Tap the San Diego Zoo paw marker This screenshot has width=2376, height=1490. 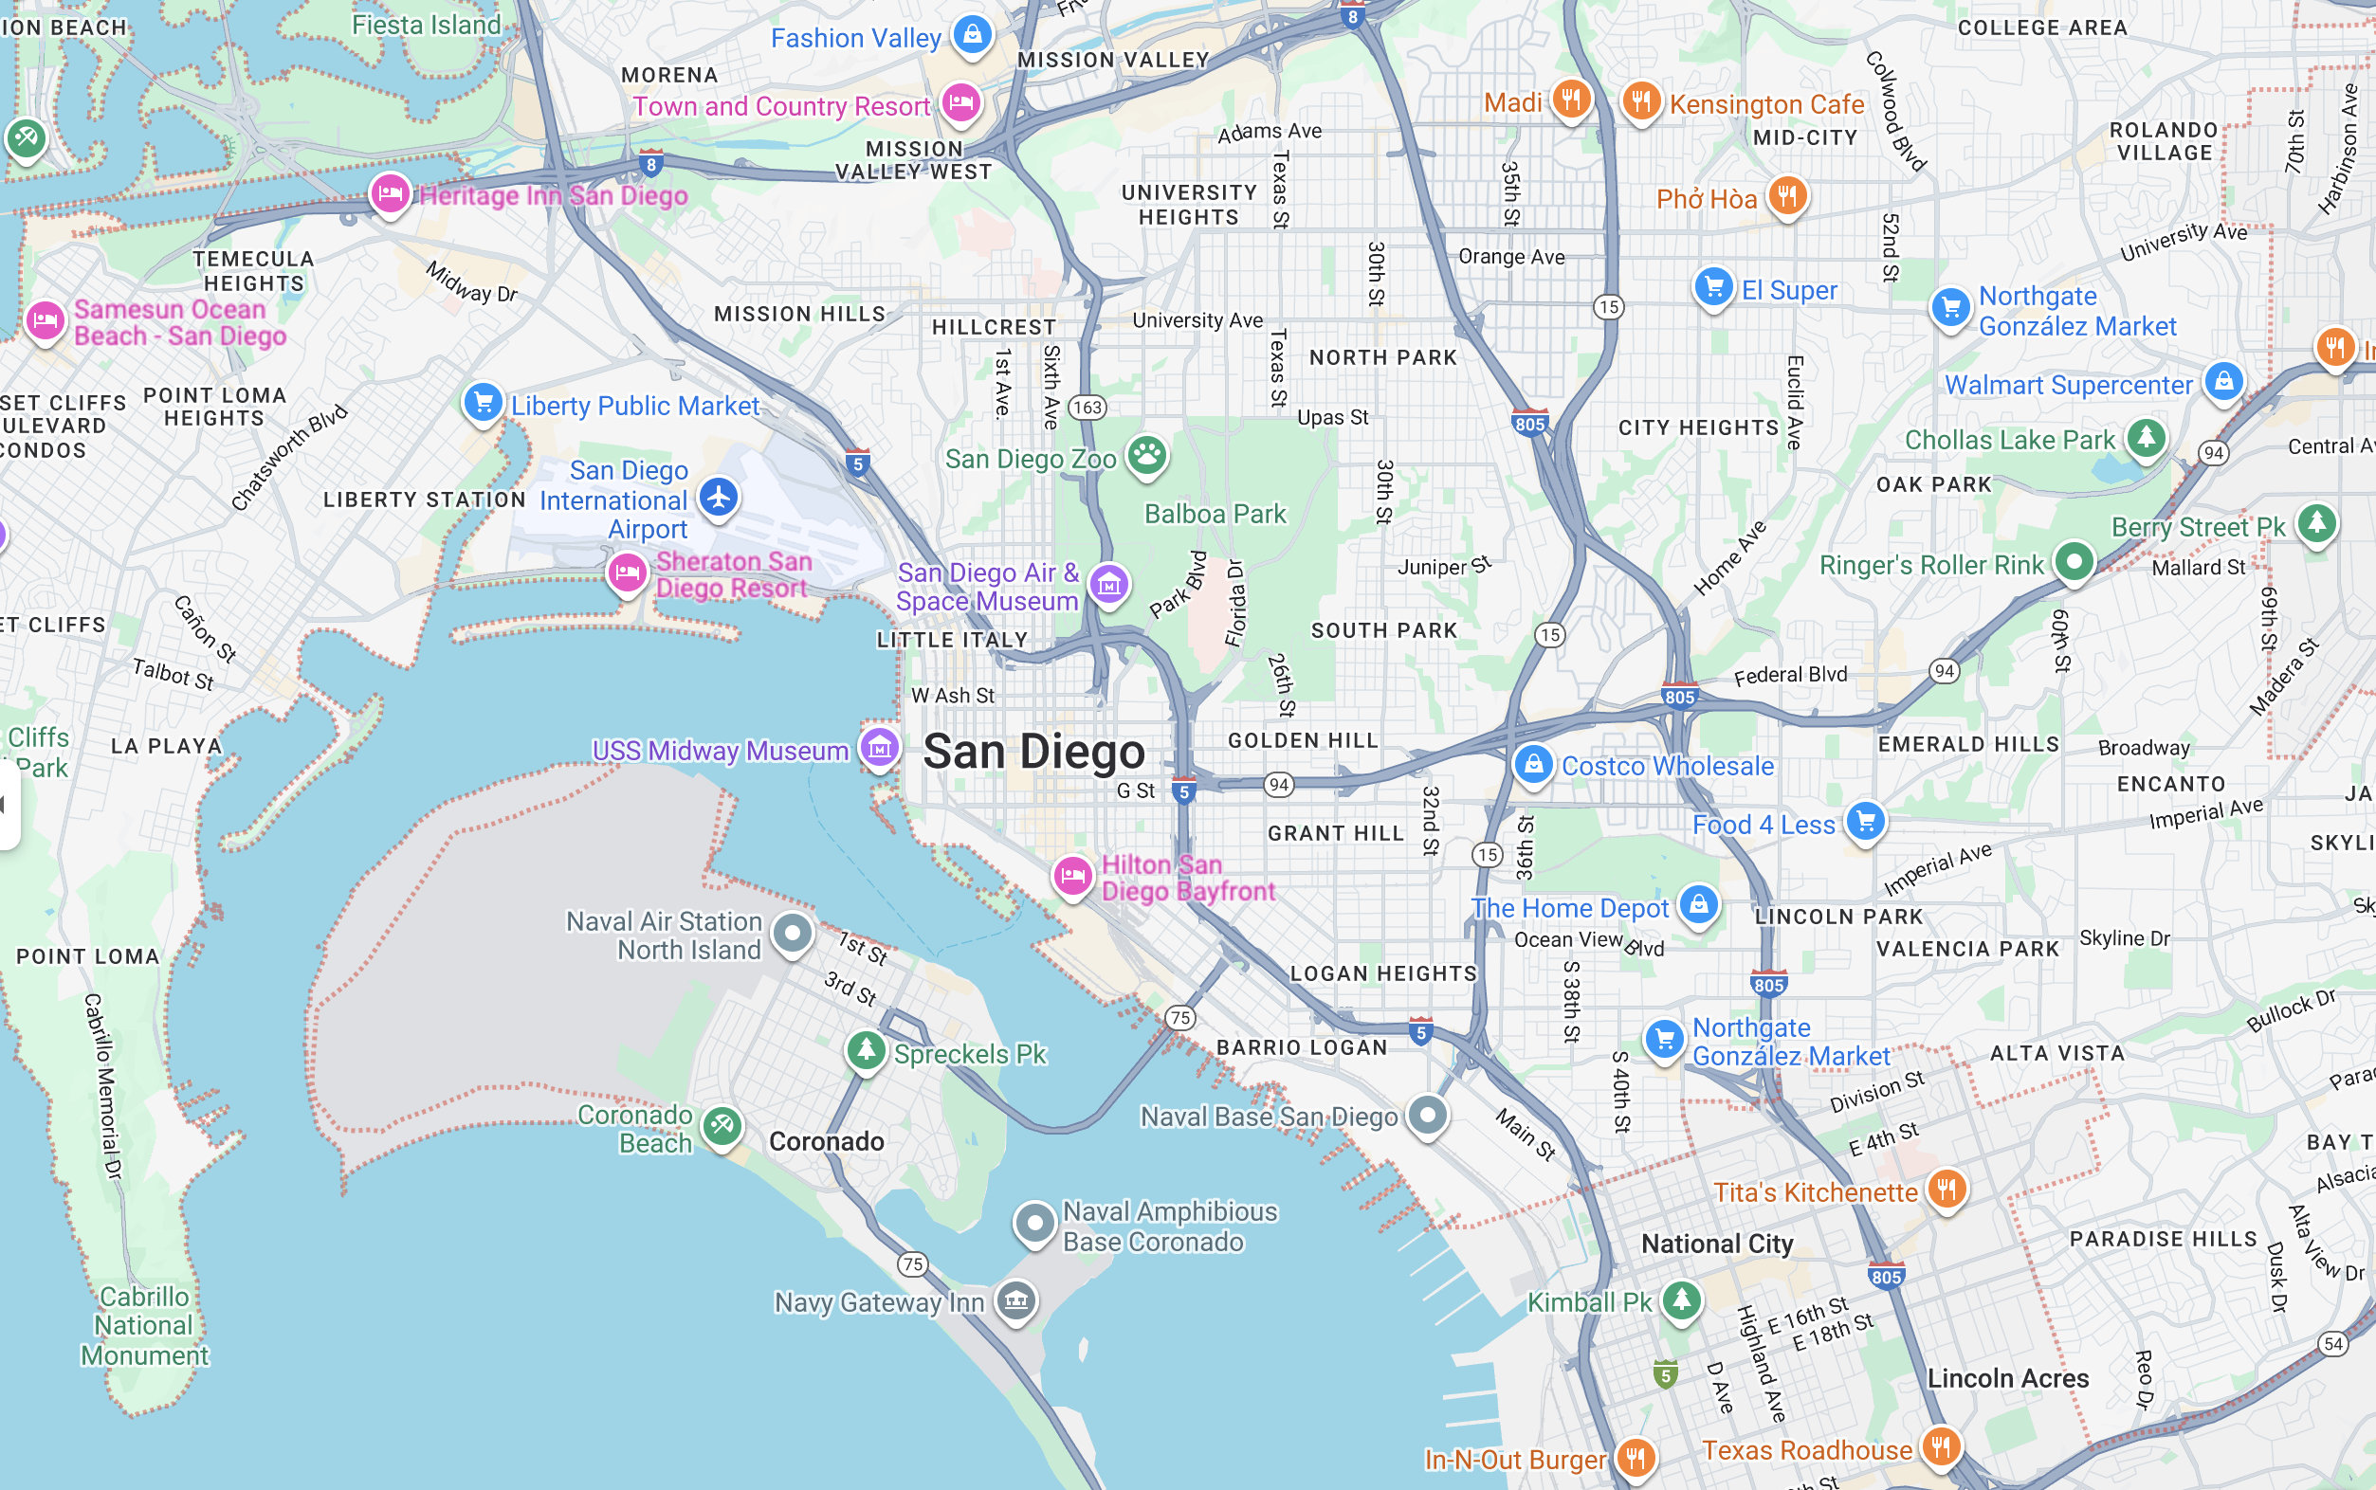point(1146,454)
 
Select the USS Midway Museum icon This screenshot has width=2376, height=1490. point(879,748)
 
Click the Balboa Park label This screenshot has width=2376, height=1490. point(1215,514)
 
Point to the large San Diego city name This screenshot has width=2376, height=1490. point(1033,752)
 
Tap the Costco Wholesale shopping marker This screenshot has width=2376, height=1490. point(1532,764)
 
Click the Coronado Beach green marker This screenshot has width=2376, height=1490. point(722,1124)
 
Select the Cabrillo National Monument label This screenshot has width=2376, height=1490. point(145,1325)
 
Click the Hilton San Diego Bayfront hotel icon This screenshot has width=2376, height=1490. point(1072,874)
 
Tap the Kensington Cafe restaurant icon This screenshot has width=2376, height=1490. point(1641,100)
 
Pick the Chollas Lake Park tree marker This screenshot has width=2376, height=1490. point(2146,437)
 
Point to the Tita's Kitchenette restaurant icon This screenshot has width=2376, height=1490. point(1946,1189)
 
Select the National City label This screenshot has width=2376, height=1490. point(1717,1244)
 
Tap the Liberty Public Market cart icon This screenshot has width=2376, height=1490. point(483,401)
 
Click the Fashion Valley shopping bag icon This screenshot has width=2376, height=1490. point(973,34)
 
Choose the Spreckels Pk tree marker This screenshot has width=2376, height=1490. point(866,1049)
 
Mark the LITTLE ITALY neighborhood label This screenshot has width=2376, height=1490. point(952,640)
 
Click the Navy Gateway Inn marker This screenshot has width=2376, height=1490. point(1016,1299)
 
